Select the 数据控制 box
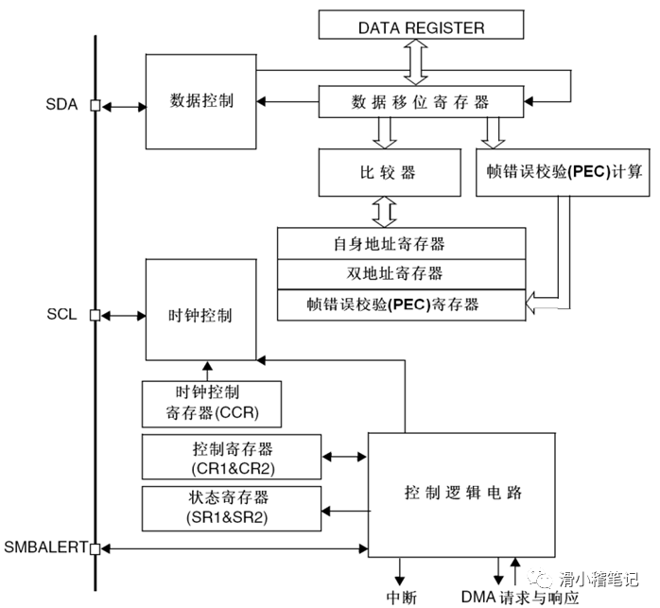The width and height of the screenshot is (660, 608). coord(201,101)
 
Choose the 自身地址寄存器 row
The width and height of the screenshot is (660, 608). coord(402,244)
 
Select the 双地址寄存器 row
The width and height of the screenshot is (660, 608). coord(402,274)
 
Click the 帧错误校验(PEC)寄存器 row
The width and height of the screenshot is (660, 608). coord(402,304)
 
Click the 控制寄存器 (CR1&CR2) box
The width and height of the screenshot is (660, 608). coord(232,457)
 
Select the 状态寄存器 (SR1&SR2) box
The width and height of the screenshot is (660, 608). coord(232,509)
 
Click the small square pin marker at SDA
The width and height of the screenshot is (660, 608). coord(95,105)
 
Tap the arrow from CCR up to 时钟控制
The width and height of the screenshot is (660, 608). coord(205,371)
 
